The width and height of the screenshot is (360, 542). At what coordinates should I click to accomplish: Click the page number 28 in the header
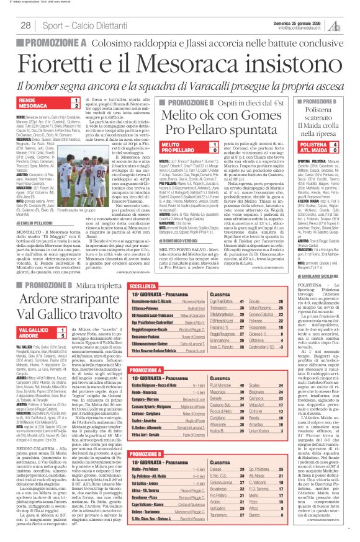[x=26, y=25]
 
